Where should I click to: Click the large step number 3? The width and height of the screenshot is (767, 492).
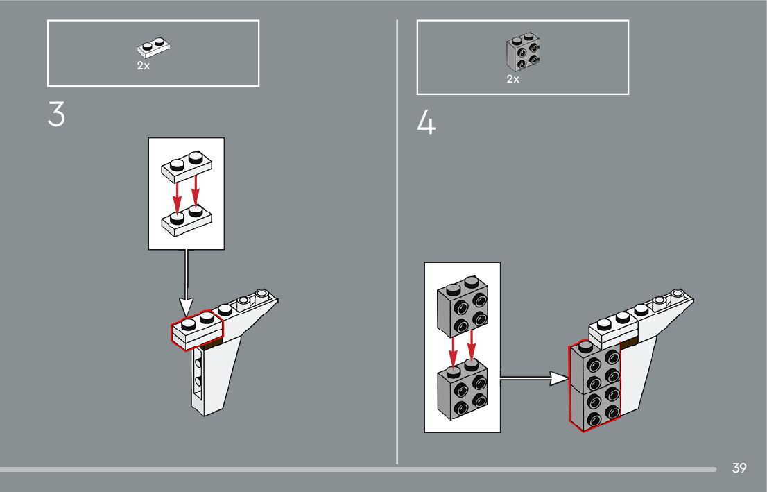tap(56, 115)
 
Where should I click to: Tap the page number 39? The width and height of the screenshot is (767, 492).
tap(739, 468)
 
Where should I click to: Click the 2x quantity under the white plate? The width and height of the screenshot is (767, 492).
tap(143, 66)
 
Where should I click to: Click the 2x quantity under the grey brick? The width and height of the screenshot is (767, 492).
tap(512, 79)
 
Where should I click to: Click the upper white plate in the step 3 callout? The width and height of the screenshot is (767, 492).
tap(185, 164)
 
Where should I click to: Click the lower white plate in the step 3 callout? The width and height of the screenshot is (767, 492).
tap(185, 217)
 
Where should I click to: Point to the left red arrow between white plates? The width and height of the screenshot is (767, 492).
tap(177, 195)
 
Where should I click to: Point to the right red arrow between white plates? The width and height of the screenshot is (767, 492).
tap(196, 192)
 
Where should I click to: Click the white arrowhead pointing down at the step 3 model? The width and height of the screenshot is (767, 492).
tap(186, 305)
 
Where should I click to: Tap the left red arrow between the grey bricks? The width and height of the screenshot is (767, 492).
tap(452, 350)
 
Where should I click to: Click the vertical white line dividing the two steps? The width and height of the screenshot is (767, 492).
tap(397, 243)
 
